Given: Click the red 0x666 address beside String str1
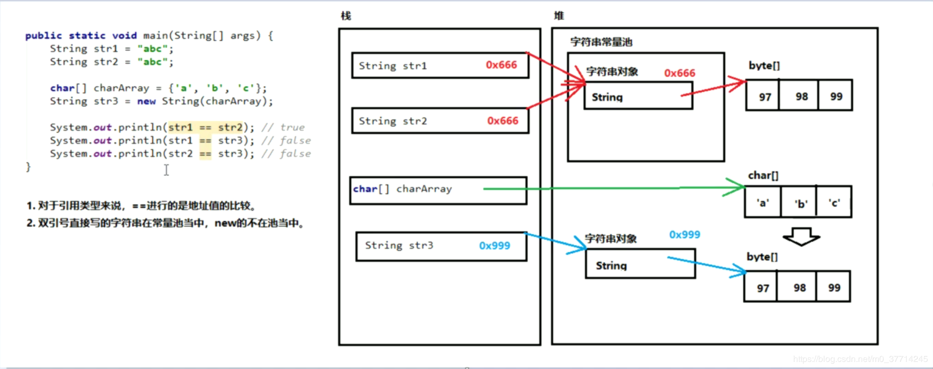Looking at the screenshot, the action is click(501, 65).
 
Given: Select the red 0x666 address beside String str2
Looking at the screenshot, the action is click(503, 121).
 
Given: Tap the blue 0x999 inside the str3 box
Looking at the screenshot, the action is click(495, 246).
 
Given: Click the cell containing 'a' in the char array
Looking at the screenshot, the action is click(763, 202).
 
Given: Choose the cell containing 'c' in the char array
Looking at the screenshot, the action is click(834, 202).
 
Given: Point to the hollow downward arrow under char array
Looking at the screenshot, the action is click(801, 236).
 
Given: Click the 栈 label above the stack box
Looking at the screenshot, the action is click(346, 16).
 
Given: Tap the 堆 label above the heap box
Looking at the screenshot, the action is click(559, 16).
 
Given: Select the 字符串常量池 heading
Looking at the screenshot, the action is click(601, 42).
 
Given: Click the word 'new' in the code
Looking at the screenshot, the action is click(146, 101).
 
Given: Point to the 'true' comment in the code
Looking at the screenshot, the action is click(292, 127).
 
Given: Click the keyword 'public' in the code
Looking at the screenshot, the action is click(44, 35).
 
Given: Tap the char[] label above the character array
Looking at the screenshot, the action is click(763, 175).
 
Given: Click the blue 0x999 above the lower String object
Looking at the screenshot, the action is click(684, 234).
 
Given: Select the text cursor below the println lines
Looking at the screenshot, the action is click(166, 170).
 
